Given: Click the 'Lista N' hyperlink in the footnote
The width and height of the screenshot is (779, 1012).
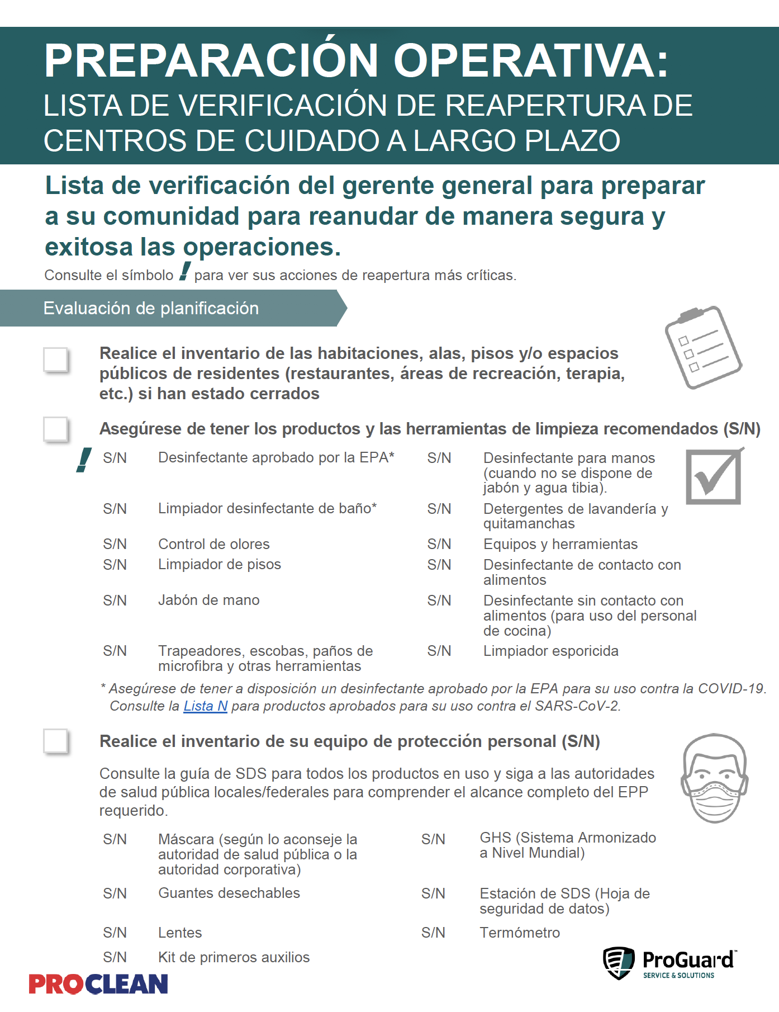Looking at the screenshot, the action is click(205, 706).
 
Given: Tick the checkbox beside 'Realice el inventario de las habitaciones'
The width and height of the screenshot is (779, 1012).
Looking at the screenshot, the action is click(56, 360).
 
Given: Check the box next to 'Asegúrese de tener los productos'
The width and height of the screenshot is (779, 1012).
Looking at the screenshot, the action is click(56, 429).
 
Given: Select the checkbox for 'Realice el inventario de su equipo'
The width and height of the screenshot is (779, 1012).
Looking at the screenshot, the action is click(56, 741).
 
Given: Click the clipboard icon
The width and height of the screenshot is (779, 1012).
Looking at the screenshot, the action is click(702, 347).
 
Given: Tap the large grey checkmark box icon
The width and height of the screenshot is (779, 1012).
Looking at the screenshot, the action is click(714, 476).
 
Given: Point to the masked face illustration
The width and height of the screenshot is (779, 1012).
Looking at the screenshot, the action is click(714, 778).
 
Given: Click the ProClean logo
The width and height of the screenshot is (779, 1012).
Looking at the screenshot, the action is click(98, 984).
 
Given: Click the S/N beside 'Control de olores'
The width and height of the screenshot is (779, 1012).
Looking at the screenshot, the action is click(115, 544).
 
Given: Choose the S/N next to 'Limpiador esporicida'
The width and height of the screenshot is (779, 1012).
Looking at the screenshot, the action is click(439, 651).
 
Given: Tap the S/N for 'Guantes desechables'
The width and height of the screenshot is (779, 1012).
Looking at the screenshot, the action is click(115, 893).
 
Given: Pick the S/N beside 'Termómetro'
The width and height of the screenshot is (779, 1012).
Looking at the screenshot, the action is click(433, 933).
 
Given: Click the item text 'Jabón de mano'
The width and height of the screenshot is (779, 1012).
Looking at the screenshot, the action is click(208, 600).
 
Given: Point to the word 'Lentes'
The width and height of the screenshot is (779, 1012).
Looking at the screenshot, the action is click(180, 933).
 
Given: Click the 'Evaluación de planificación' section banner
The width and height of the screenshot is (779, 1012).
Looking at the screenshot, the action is click(168, 308).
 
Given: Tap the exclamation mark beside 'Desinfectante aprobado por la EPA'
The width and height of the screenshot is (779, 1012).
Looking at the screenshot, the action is click(84, 460).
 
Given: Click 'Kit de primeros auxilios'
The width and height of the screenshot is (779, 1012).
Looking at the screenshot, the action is click(234, 957).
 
